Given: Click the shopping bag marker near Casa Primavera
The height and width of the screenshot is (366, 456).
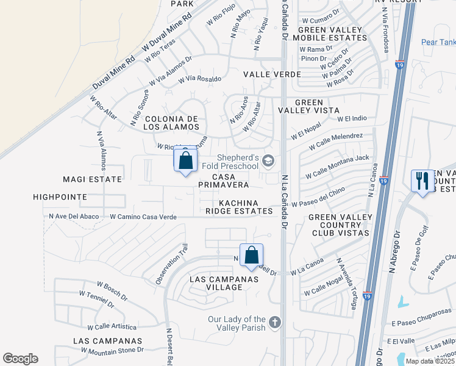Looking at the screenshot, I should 186,162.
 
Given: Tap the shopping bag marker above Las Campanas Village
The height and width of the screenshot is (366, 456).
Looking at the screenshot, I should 251,256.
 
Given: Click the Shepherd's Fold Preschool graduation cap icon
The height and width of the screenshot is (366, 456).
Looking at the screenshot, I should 269,161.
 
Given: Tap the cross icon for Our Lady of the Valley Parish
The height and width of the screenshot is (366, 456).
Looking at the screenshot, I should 275,321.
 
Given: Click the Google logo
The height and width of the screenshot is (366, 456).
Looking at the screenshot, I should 20,359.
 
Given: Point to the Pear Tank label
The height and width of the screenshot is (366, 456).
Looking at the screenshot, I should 438,42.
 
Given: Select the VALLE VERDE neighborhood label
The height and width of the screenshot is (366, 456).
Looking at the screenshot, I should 272,74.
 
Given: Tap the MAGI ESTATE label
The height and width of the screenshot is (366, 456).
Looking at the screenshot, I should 93,179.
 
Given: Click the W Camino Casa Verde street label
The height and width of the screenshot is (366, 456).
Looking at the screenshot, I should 143,217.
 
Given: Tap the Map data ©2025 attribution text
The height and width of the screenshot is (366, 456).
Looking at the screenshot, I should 430,361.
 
